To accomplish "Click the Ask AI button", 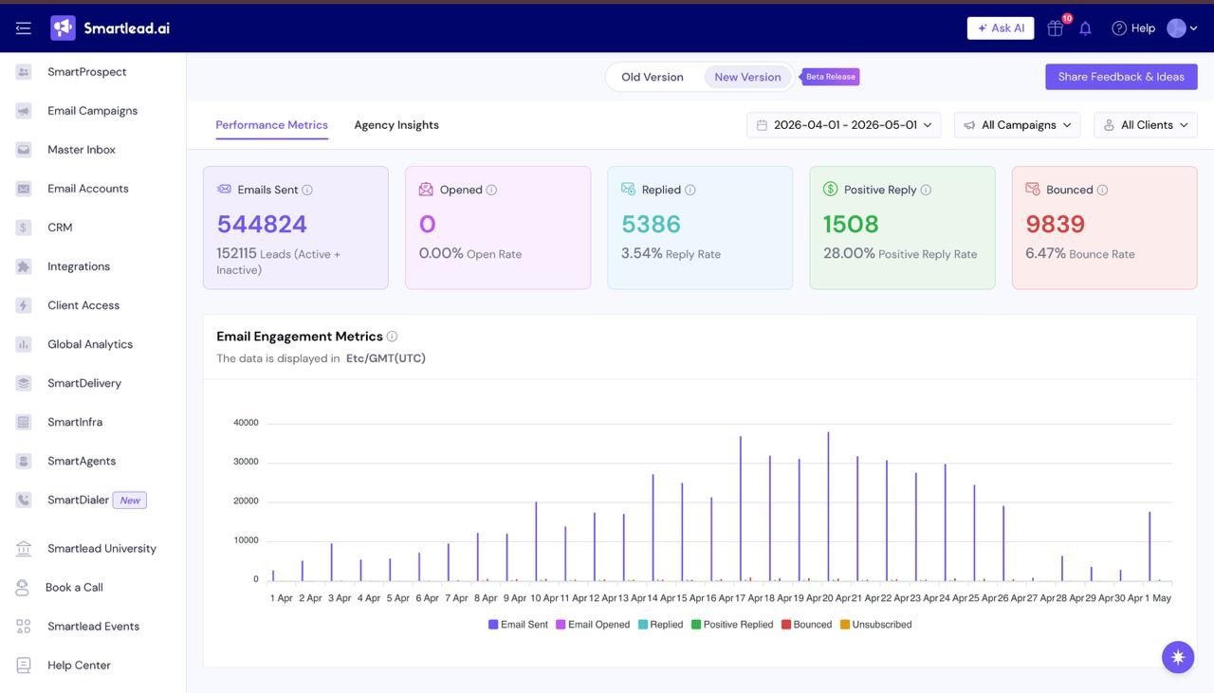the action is pyautogui.click(x=1001, y=28).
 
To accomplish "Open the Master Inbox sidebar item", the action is pyautogui.click(x=82, y=150).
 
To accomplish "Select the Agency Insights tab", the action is pyautogui.click(x=396, y=124).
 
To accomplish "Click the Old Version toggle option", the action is pyautogui.click(x=652, y=77).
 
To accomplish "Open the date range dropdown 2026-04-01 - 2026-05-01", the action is pyautogui.click(x=844, y=125).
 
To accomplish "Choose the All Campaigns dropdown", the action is pyautogui.click(x=1018, y=125).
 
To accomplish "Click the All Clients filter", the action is pyautogui.click(x=1146, y=125).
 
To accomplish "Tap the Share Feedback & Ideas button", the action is pyautogui.click(x=1121, y=77).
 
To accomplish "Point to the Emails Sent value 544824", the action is pyautogui.click(x=262, y=224).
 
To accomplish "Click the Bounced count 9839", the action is pyautogui.click(x=1056, y=224).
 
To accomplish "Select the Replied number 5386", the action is pyautogui.click(x=651, y=224).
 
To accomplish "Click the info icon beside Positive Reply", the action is pyautogui.click(x=926, y=191).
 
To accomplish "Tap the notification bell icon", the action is pyautogui.click(x=1085, y=28).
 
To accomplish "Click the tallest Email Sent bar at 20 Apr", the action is pyautogui.click(x=828, y=506).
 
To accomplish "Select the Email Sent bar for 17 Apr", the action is pyautogui.click(x=741, y=509).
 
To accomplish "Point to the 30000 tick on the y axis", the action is pyautogui.click(x=246, y=462).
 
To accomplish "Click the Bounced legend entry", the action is pyautogui.click(x=806, y=624).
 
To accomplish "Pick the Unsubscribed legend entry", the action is pyautogui.click(x=875, y=624).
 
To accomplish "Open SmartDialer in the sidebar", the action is pyautogui.click(x=78, y=501).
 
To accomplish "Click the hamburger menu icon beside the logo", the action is pyautogui.click(x=24, y=28).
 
